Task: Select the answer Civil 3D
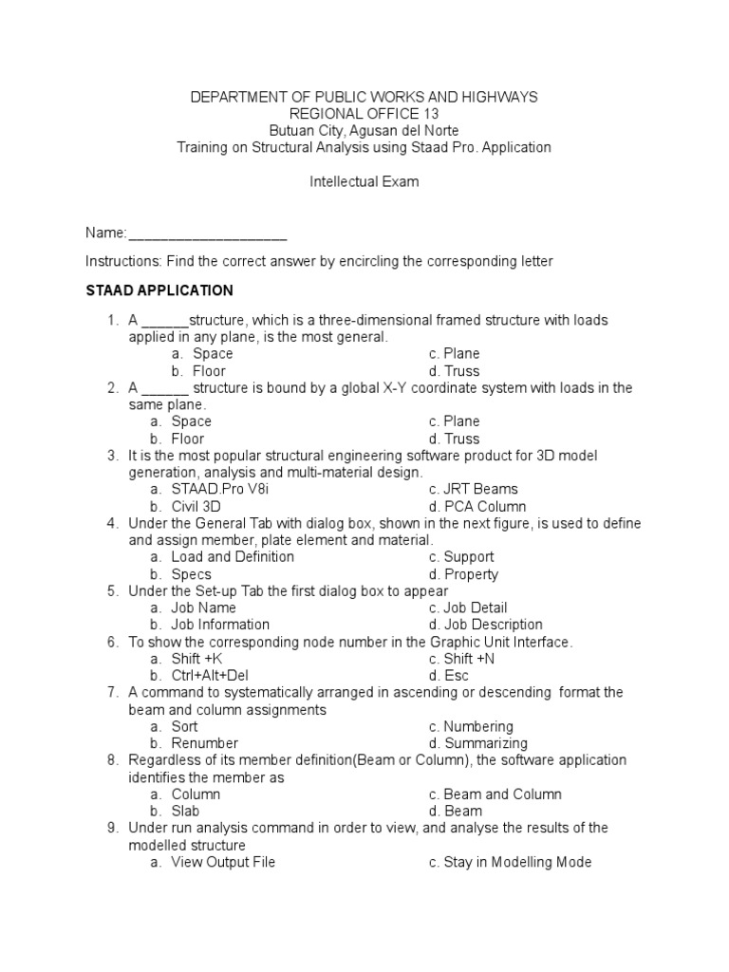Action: coord(196,506)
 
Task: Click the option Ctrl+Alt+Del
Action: coord(209,676)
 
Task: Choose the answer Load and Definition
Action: coord(233,557)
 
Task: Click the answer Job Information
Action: coord(220,625)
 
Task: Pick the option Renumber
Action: coord(204,743)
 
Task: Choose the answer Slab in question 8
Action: coord(187,812)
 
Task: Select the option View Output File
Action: coord(223,862)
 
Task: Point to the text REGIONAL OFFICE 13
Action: coord(364,114)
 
